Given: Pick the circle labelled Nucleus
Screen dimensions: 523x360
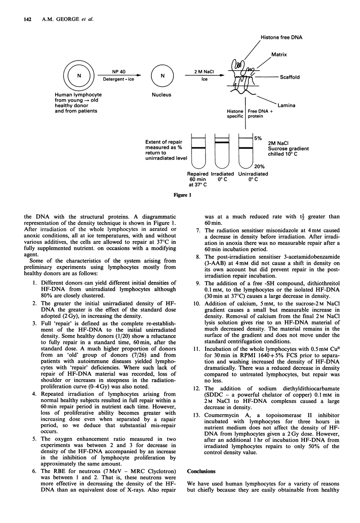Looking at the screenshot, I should (160, 75).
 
